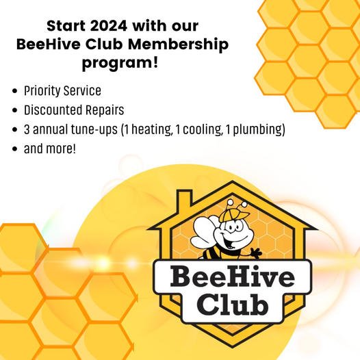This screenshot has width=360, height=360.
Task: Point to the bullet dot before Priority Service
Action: [x=15, y=91]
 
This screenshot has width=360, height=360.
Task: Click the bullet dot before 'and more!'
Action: [x=15, y=149]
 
